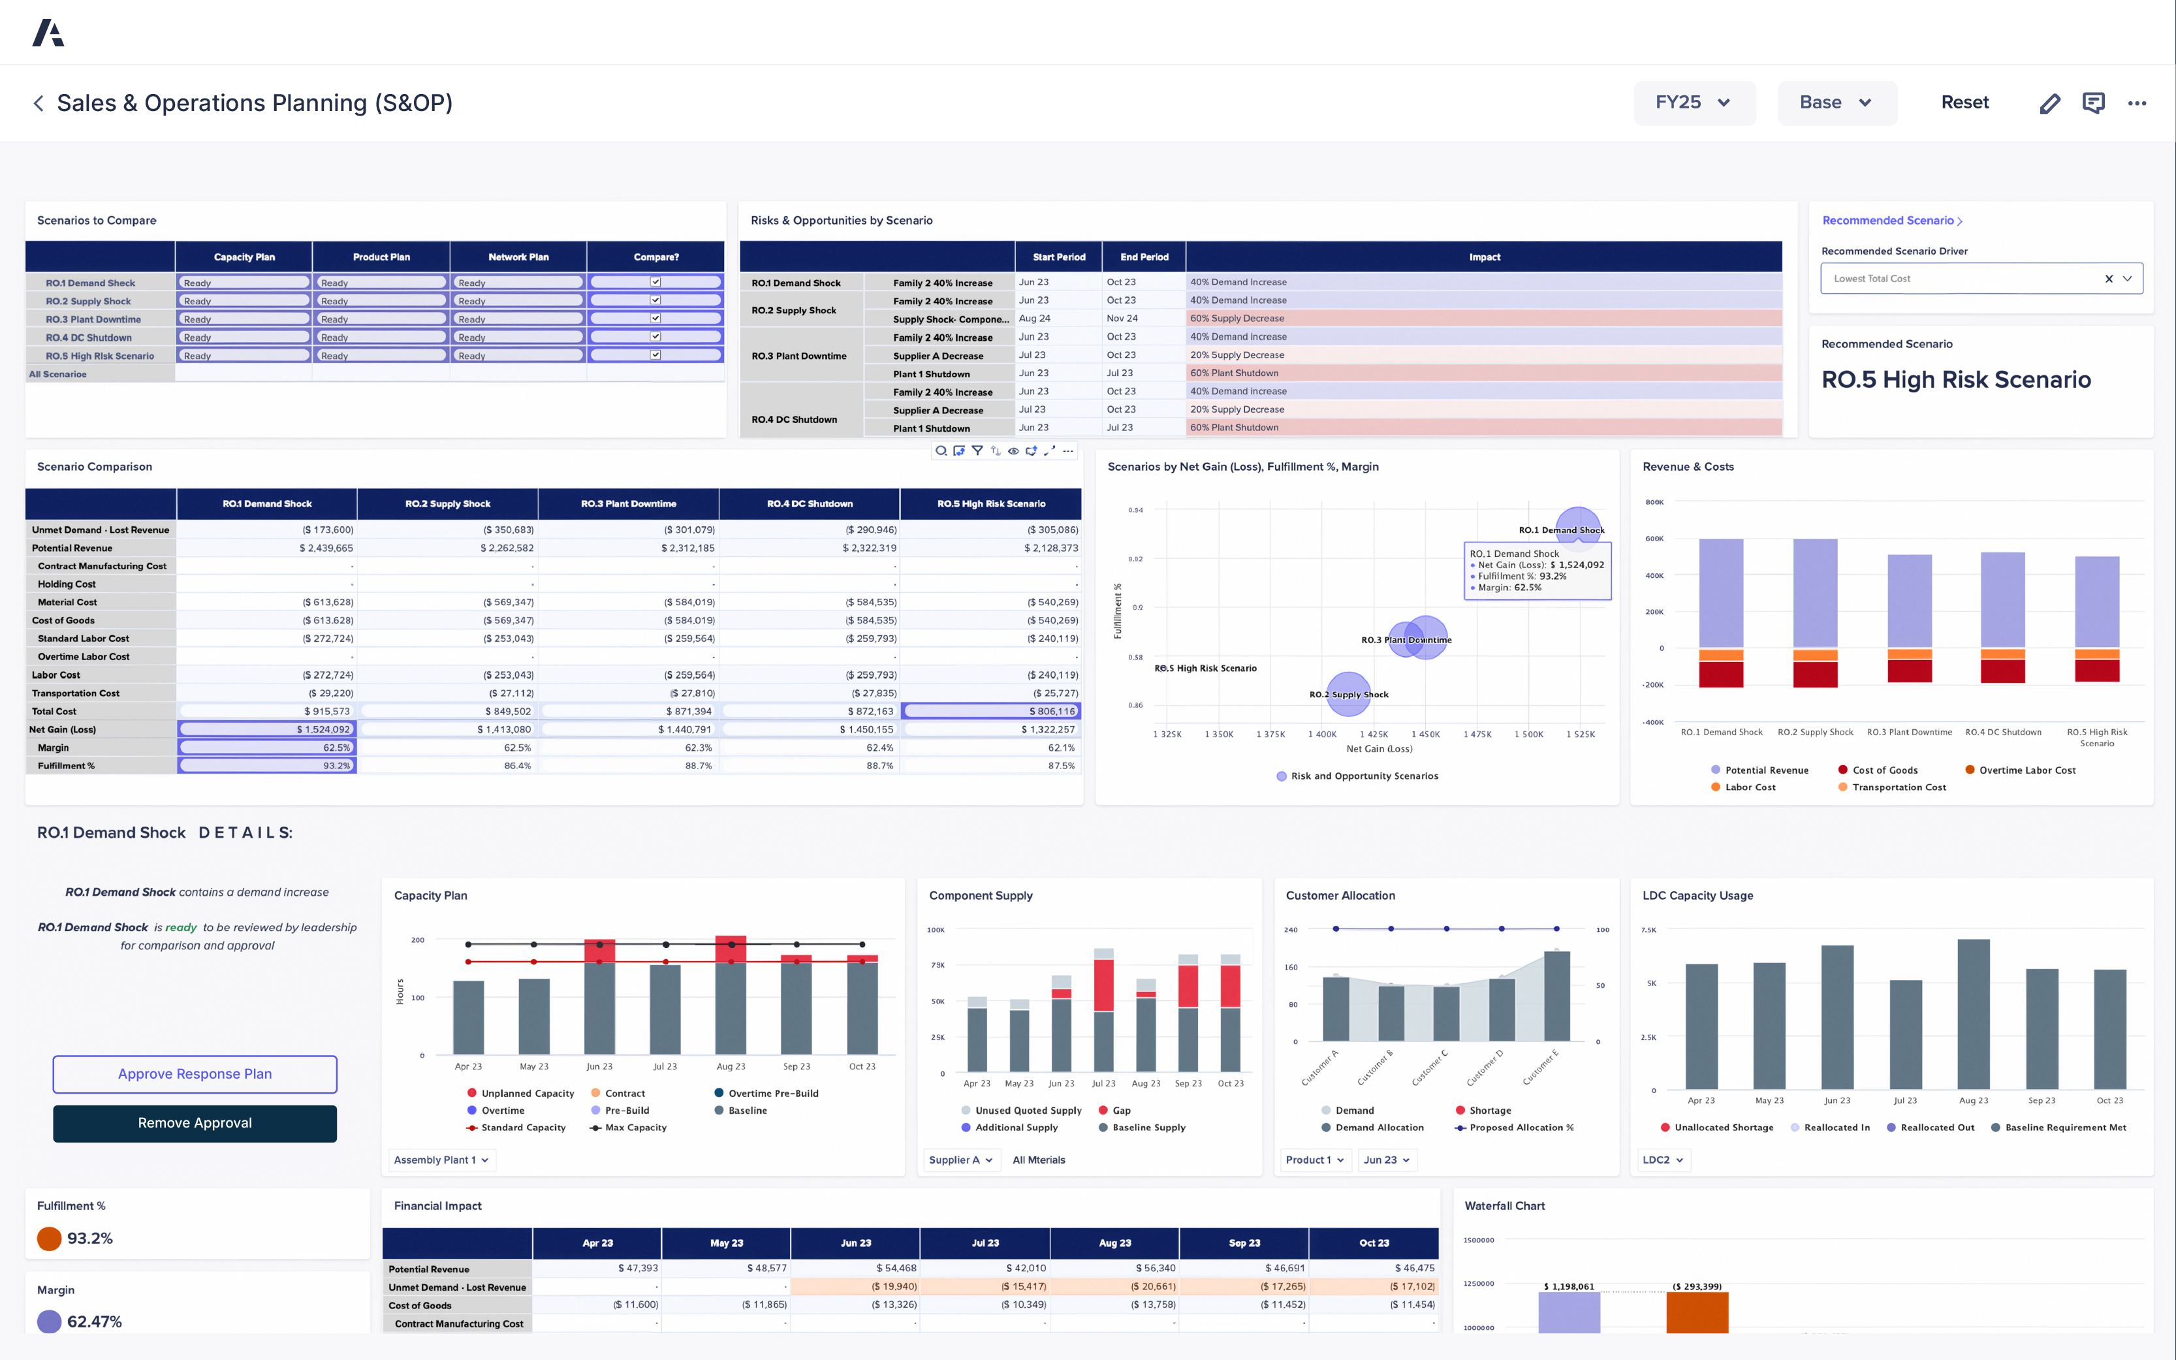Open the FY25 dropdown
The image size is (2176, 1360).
[x=1693, y=103]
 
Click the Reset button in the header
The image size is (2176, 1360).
[x=1964, y=103]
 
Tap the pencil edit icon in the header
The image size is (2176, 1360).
[x=2049, y=103]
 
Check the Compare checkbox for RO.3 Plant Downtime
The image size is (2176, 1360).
[x=655, y=319]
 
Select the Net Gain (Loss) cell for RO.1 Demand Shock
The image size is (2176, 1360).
[x=267, y=729]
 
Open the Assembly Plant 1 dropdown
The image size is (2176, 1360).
[x=441, y=1160]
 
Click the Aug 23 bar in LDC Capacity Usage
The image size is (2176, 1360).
[x=1973, y=1017]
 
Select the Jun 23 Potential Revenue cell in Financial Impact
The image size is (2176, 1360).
[x=855, y=1268]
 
